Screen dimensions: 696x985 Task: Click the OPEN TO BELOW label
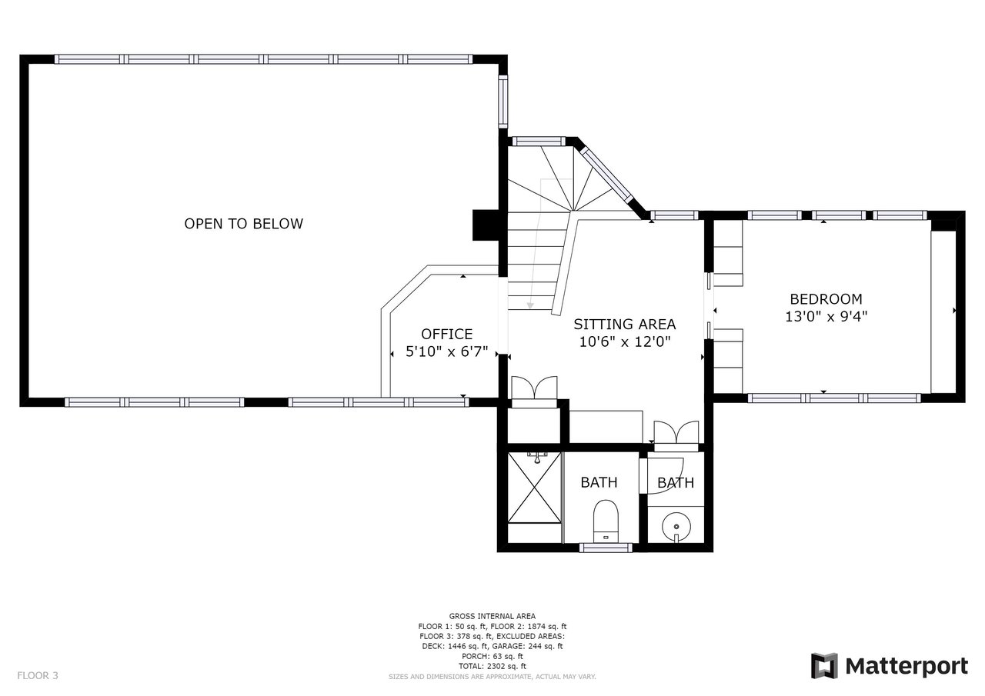click(243, 224)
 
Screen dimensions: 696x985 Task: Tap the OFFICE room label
click(446, 334)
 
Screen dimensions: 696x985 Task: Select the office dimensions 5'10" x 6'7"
click(446, 352)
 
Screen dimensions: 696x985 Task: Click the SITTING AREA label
click(624, 324)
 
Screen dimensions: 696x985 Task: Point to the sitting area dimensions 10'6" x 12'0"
click(625, 342)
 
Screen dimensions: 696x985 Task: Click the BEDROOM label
click(826, 299)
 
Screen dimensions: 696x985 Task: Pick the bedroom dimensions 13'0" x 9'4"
click(826, 316)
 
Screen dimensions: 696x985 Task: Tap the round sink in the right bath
click(676, 526)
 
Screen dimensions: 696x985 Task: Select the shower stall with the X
click(534, 488)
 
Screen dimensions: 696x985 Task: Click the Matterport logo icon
click(824, 665)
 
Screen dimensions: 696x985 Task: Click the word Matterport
click(907, 665)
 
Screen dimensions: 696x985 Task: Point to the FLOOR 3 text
click(38, 676)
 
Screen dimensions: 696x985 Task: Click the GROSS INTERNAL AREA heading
click(492, 616)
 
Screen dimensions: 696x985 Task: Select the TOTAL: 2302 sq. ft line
click(492, 666)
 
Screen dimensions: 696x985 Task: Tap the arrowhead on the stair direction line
click(530, 305)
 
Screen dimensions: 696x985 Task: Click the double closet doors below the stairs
click(533, 388)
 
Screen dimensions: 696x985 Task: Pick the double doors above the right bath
click(676, 433)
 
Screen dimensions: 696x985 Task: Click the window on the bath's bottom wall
click(606, 548)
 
